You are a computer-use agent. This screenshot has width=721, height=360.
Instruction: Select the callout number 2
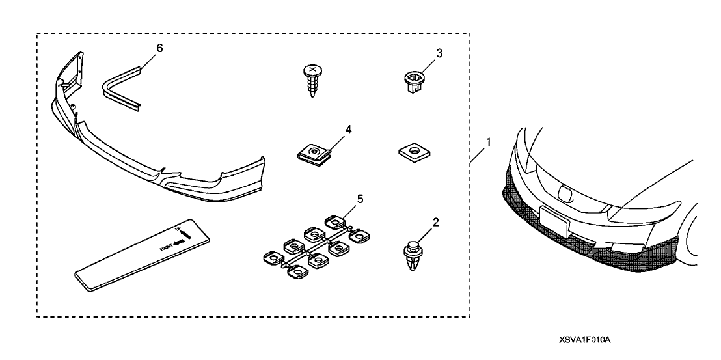435,222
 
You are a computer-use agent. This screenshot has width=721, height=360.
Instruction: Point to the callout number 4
348,130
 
